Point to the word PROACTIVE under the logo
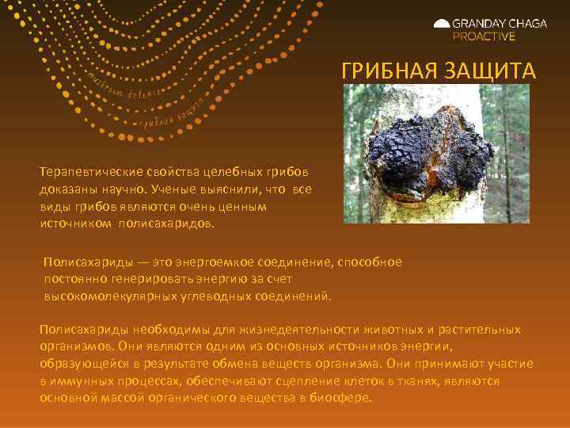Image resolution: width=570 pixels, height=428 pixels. [x=483, y=36]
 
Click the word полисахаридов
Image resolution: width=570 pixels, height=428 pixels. [x=165, y=224]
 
